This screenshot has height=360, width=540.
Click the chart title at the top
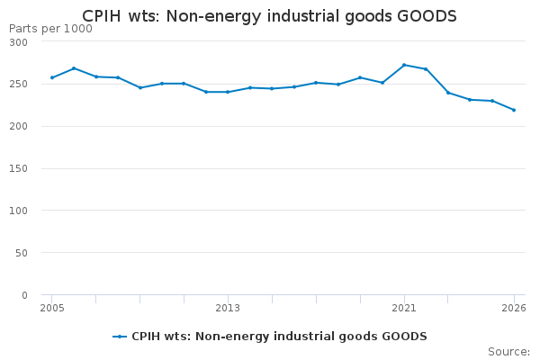tap(269, 16)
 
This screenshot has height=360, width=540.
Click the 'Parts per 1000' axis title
tap(50, 29)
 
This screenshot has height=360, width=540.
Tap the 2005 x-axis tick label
tap(52, 308)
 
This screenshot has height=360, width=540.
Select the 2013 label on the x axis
tap(228, 308)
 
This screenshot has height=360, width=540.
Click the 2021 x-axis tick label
tap(404, 308)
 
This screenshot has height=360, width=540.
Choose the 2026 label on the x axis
tap(514, 308)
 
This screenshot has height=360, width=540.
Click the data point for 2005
tap(52, 77)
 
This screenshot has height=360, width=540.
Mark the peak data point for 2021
tap(404, 65)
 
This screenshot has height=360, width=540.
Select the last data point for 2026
tap(514, 110)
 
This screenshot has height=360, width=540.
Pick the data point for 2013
tap(228, 92)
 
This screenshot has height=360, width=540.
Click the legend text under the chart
tap(279, 337)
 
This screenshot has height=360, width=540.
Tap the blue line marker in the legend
tap(120, 337)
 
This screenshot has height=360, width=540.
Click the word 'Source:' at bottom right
tap(508, 352)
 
